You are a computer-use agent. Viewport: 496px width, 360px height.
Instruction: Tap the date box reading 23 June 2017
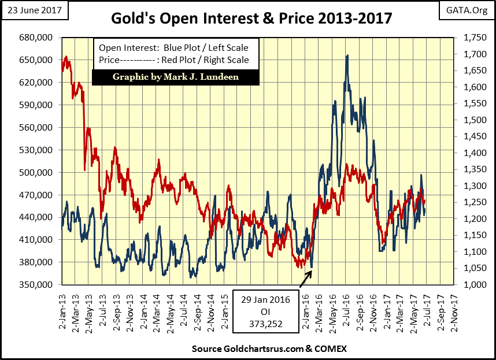coord(35,10)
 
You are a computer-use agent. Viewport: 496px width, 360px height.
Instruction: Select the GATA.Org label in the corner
coord(465,10)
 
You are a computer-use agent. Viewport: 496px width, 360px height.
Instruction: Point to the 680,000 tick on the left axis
coord(37,38)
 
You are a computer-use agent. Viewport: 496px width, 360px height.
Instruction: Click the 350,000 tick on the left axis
coord(37,285)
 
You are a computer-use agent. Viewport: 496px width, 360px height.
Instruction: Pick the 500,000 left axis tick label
coord(37,173)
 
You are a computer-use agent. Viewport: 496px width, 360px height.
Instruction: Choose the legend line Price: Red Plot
coord(173,60)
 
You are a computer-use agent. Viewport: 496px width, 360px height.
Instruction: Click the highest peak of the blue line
coord(347,56)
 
